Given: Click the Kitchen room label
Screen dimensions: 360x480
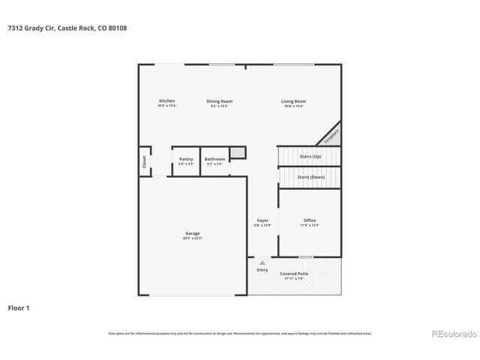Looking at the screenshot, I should tap(166, 101).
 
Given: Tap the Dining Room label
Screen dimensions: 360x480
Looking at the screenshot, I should tap(220, 101).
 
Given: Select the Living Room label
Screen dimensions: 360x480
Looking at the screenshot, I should tap(293, 101).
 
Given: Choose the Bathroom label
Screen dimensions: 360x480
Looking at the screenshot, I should tap(214, 159).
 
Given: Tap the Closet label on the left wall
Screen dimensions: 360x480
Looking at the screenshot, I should tap(143, 161).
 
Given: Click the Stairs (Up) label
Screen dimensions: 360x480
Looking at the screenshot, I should tap(310, 156).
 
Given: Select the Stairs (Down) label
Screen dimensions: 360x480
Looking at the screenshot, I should tap(310, 177).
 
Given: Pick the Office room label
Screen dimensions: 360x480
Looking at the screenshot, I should tap(309, 220).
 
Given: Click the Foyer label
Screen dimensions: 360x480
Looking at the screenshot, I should tap(262, 220).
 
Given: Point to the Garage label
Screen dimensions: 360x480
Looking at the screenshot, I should tap(193, 233).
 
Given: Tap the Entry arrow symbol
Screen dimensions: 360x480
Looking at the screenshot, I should tap(262, 263).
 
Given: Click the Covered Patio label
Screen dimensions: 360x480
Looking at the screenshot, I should tap(294, 274).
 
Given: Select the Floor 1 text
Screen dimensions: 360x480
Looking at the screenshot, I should tap(19, 307).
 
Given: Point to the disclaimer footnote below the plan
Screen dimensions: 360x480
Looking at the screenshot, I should tap(239, 333).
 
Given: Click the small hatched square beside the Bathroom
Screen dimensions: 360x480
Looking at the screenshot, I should tap(237, 153).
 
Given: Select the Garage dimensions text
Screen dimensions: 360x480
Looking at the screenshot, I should tap(193, 238).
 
